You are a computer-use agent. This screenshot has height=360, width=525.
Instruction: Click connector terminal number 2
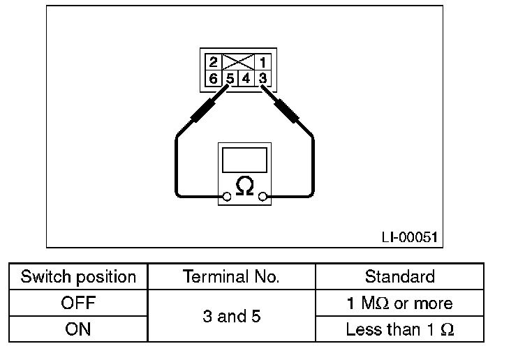214,62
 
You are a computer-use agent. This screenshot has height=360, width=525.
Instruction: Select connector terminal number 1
262,62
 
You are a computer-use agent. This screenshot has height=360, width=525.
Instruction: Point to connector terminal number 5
230,78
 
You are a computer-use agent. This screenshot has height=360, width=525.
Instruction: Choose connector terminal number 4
246,78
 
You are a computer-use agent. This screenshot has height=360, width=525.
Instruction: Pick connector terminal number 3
262,78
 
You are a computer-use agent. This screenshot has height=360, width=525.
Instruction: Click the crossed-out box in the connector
237,62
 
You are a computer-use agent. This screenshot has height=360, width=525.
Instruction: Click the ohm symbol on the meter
244,187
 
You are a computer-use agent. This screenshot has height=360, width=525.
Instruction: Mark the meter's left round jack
227,197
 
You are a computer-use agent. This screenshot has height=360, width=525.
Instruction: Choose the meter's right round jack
262,197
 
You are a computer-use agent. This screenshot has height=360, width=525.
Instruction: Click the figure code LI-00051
409,237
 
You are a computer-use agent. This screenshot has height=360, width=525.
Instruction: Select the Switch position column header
78,276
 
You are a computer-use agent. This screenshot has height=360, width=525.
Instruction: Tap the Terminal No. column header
231,276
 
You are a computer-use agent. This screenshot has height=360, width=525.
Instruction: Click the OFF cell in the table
78,303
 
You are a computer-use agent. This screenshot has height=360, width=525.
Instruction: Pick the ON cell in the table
78,329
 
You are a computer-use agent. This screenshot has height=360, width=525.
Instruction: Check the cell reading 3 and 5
231,316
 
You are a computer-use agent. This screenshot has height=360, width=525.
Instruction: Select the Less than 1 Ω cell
399,329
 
